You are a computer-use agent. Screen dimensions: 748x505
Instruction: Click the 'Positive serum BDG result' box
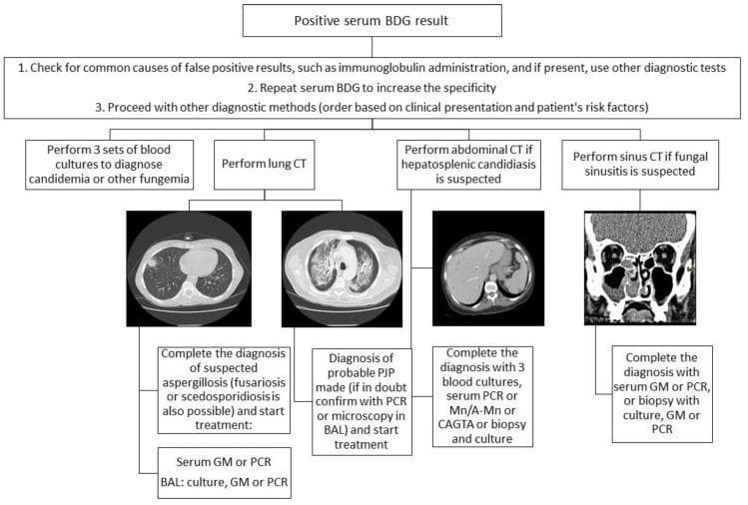point(373,21)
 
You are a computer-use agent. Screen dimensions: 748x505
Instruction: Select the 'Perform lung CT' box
point(265,165)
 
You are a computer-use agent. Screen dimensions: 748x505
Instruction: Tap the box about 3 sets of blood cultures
point(109,165)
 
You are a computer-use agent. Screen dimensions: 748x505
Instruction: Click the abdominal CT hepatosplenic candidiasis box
point(469,165)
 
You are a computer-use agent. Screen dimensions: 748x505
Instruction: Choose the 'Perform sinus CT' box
point(640,165)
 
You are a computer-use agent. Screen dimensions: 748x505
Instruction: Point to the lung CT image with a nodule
point(189,268)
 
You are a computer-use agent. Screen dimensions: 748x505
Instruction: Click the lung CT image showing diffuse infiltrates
point(342,268)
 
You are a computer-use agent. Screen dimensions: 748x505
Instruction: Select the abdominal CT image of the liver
point(488,268)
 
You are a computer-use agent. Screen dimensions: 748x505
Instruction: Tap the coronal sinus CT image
point(640,268)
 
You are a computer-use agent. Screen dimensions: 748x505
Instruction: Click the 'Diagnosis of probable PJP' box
point(363,402)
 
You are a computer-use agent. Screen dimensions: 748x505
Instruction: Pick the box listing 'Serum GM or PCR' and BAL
point(225,473)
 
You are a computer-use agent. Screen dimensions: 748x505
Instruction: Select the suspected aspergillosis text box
point(224,390)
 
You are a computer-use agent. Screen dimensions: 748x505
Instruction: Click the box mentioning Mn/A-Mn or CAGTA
point(482,396)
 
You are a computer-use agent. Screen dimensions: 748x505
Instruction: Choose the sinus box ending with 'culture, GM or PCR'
point(662,394)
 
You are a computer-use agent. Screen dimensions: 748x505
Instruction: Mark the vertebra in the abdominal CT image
point(490,290)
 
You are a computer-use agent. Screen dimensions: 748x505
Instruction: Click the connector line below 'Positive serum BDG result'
point(373,47)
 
